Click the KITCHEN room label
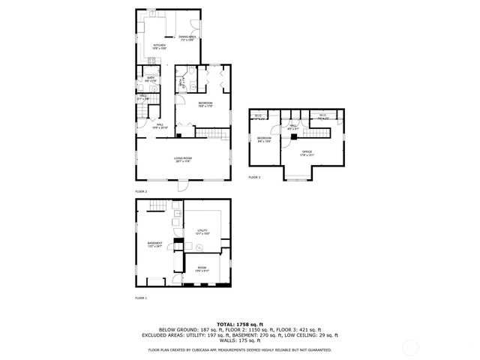point(159,46)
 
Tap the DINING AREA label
point(187,37)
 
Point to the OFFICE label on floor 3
point(307,154)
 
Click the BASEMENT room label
point(154,244)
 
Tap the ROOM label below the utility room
point(202,270)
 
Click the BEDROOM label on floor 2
point(205,103)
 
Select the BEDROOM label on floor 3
point(264,139)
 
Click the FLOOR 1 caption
point(141,298)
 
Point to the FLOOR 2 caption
point(141,192)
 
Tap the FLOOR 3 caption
point(254,178)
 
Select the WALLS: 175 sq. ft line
point(239,341)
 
